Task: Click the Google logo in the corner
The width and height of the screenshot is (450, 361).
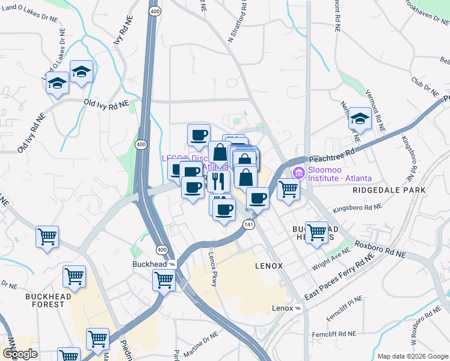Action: [20, 354]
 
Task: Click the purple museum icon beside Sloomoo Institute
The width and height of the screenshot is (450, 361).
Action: [298, 173]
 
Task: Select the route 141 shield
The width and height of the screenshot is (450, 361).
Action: [248, 224]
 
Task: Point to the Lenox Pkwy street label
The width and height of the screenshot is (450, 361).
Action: [212, 268]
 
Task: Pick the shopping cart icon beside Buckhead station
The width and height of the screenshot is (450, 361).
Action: [164, 279]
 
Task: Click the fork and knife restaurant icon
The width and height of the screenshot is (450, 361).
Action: [218, 180]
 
